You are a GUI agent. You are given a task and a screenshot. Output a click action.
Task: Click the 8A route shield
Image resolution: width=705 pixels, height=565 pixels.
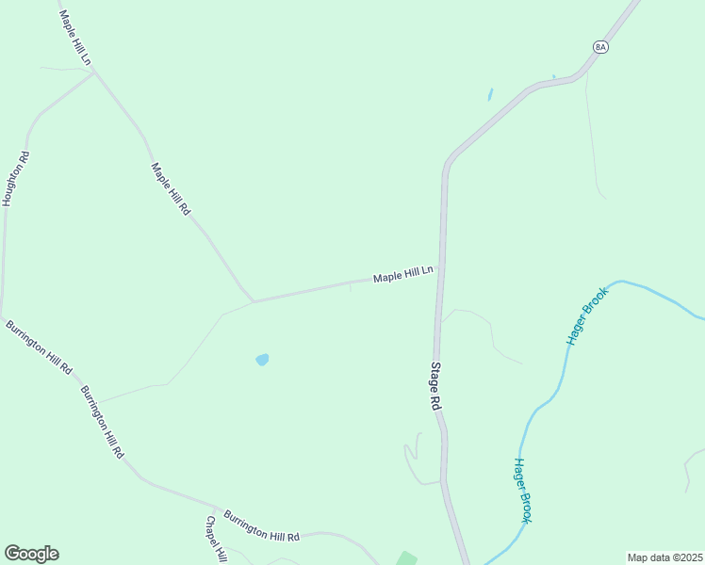[x=601, y=46]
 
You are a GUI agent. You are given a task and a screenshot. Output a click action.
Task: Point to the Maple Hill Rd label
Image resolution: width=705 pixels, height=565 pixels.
[x=171, y=189]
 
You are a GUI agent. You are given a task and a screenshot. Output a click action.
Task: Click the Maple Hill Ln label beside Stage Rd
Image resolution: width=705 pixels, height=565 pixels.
[x=402, y=275]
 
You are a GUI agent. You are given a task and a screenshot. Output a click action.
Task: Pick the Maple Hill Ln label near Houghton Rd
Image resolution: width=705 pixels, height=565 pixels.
[x=74, y=38]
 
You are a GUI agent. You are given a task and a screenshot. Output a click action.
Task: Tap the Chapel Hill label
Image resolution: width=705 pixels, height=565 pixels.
[x=216, y=539]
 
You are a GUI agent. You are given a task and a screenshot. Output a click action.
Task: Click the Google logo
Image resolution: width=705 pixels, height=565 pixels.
[x=31, y=554]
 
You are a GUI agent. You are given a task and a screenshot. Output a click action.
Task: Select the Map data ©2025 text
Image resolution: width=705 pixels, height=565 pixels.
[x=665, y=557]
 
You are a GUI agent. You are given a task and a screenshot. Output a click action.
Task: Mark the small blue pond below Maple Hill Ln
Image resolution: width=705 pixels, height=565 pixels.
[x=262, y=360]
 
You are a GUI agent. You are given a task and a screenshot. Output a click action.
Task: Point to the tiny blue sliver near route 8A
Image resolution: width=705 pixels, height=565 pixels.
[x=490, y=94]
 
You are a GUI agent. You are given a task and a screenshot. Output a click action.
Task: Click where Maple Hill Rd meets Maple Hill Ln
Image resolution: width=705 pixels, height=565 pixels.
[x=253, y=301]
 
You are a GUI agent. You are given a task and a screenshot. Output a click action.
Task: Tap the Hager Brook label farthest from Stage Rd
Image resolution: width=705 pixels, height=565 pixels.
[x=589, y=315]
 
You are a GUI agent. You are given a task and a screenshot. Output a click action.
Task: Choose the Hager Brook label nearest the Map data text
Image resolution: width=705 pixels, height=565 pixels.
[x=523, y=490]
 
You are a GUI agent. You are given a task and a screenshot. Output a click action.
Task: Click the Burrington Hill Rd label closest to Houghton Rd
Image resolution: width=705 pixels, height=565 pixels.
[x=39, y=347]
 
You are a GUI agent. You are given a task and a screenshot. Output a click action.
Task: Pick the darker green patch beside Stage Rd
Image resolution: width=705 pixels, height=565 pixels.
[x=406, y=558]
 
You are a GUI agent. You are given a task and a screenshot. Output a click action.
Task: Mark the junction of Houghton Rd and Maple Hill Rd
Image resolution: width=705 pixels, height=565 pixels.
[x=94, y=73]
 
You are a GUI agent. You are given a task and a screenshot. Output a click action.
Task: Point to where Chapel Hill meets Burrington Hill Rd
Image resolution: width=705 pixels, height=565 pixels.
[x=219, y=508]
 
